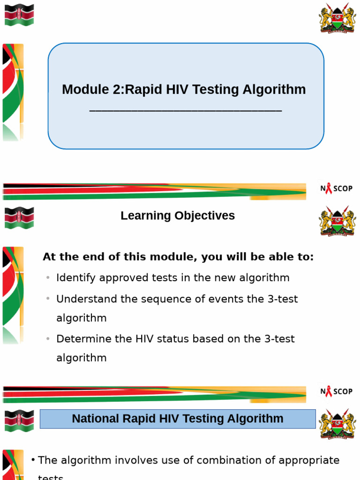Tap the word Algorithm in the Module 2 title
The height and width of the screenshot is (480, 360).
click(276, 90)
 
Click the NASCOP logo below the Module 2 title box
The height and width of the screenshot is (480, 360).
click(336, 188)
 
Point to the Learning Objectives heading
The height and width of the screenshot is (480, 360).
click(178, 216)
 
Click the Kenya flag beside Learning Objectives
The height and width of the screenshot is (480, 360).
click(19, 218)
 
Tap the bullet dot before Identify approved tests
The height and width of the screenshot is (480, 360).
click(48, 278)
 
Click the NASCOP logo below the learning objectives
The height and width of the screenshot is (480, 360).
click(336, 391)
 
